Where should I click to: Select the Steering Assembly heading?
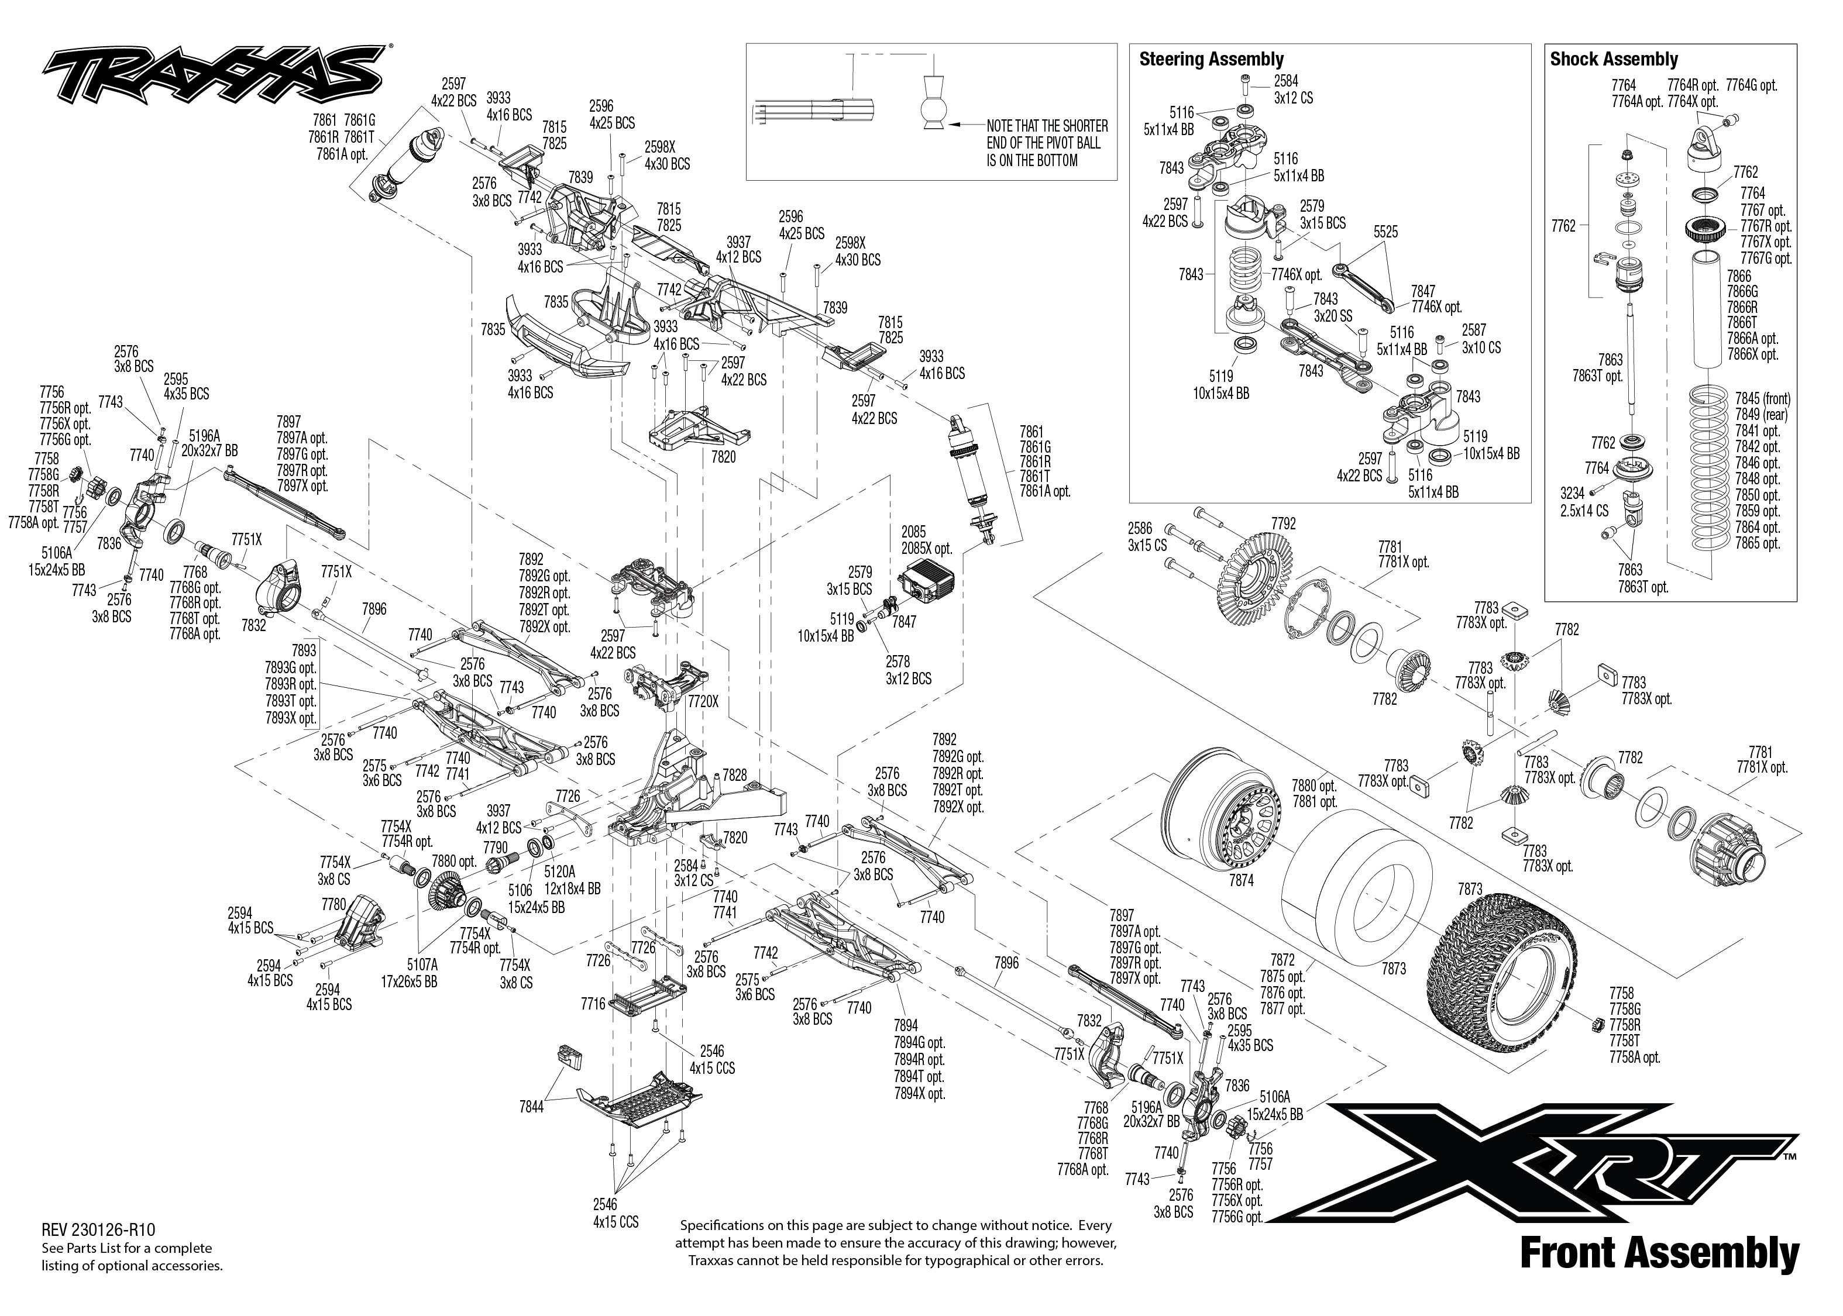click(1211, 59)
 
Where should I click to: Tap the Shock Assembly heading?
click(1613, 59)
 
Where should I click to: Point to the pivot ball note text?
click(1046, 143)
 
